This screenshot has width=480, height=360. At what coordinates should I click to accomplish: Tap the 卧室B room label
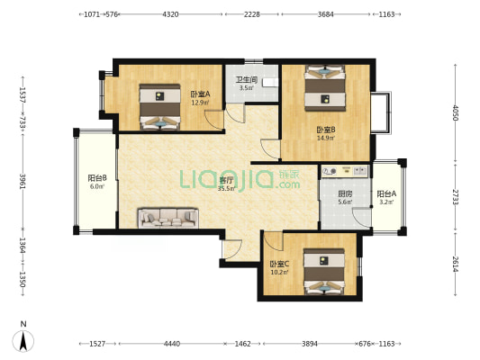326,130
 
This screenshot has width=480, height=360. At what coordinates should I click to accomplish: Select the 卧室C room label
279,264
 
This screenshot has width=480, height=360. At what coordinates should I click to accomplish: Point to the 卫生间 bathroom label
247,80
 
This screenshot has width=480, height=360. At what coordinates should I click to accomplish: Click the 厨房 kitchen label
345,193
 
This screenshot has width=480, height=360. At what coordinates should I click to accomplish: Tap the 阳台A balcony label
386,193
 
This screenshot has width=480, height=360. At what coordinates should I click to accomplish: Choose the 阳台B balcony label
97,177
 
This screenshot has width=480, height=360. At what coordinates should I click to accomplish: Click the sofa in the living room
168,218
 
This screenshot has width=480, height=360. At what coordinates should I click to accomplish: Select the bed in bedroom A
159,107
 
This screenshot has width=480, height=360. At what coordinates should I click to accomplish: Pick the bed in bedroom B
325,88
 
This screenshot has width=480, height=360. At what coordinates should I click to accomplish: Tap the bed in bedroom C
324,272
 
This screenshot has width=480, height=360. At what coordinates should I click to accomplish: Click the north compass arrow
23,341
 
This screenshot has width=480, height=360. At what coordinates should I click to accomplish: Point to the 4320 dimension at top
170,14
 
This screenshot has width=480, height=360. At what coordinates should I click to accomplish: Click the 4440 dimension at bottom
172,344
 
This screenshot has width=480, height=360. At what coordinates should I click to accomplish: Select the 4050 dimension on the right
455,112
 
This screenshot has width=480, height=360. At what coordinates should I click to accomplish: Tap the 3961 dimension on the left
23,182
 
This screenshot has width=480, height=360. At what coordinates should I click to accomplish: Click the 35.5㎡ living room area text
227,189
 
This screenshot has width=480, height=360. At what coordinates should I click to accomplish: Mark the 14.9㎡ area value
326,138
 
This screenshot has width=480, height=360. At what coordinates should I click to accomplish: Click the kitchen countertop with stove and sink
344,171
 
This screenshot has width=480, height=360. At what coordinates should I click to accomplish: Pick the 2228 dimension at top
251,14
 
